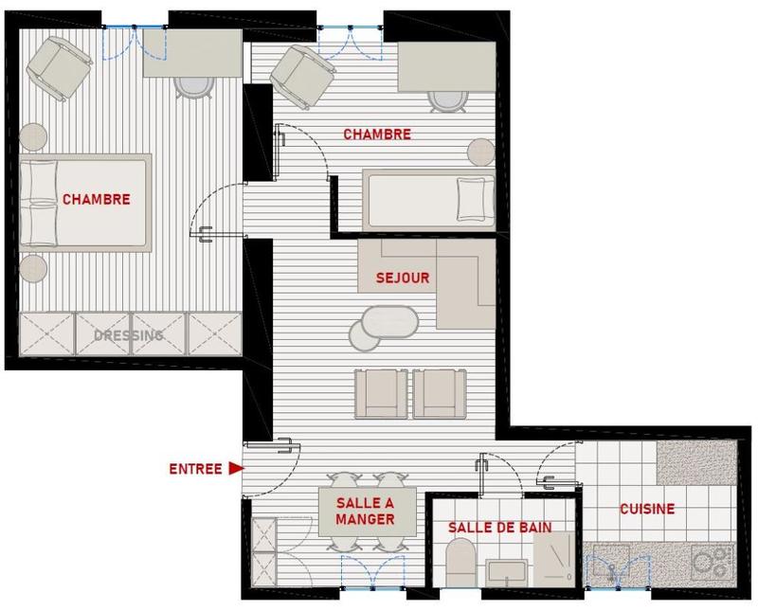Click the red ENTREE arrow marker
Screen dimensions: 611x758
tap(235, 468)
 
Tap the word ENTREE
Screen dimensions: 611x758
tap(195, 468)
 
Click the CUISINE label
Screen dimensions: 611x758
tap(647, 509)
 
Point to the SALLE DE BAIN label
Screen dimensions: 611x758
tap(499, 527)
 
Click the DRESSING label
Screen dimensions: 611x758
tap(129, 335)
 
